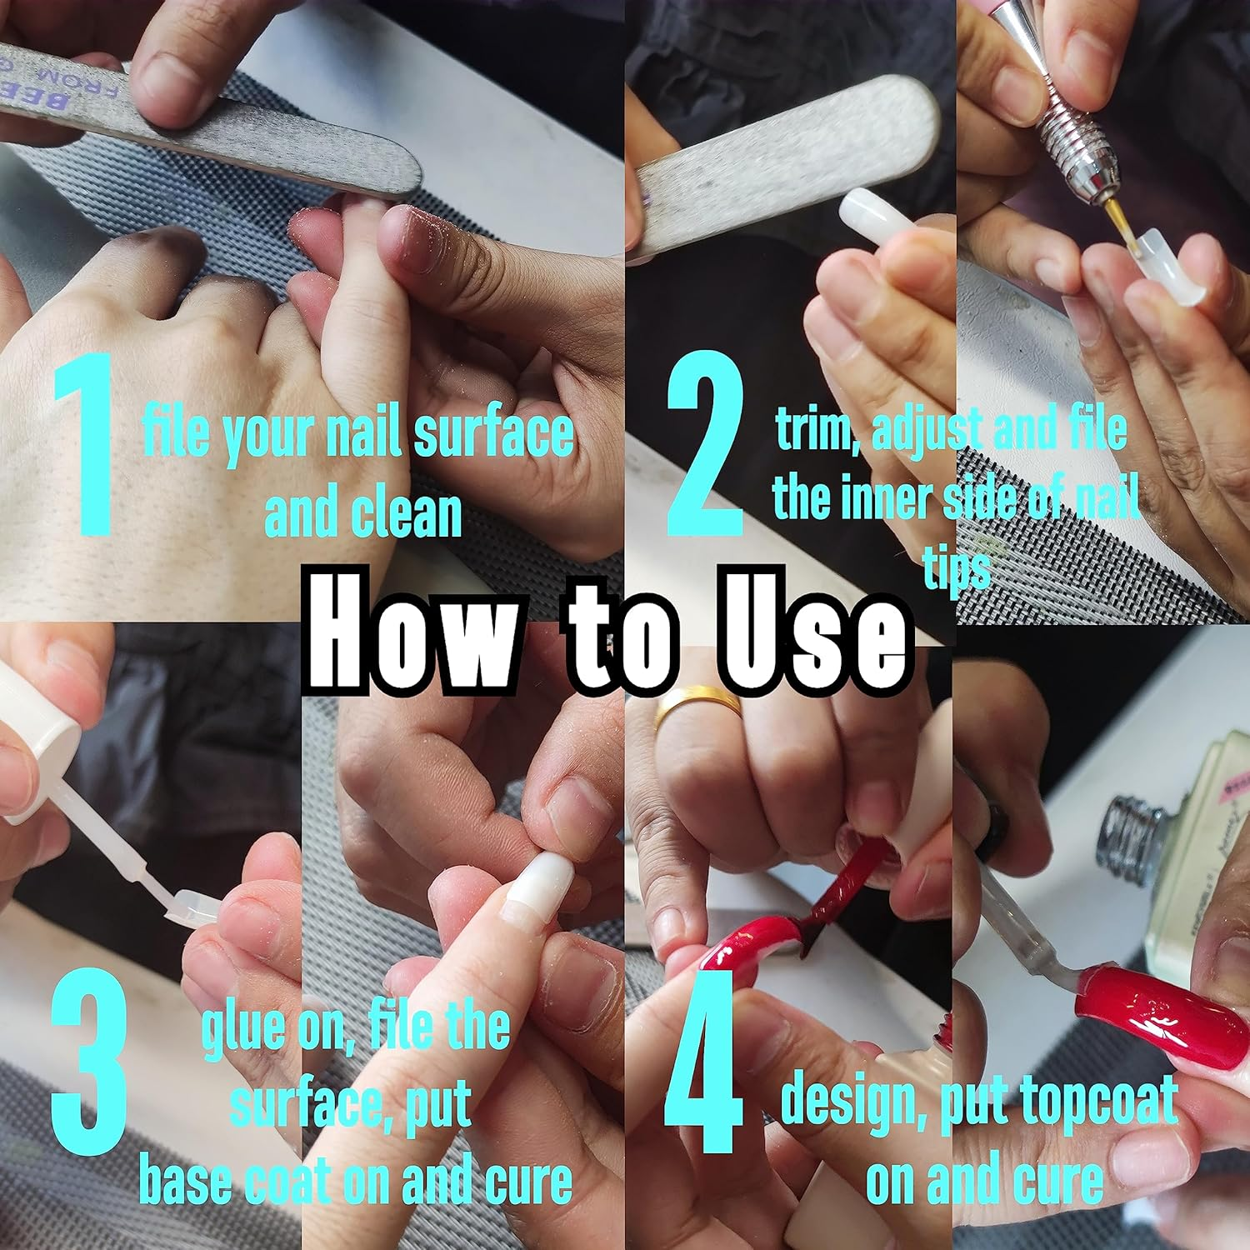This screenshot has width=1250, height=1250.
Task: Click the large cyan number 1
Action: point(83,446)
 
